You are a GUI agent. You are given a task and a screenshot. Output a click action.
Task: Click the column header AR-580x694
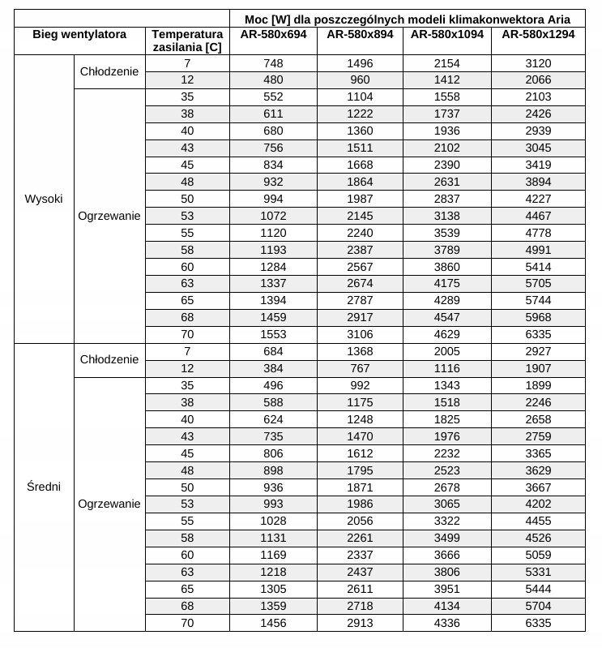coord(273,34)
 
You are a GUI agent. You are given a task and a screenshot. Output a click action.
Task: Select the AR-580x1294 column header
coord(537,34)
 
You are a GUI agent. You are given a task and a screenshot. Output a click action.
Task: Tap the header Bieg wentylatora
coord(79,34)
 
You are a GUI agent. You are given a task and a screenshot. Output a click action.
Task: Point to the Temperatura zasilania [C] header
coord(186,41)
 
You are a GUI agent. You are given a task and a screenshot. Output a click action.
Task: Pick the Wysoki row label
coord(44,199)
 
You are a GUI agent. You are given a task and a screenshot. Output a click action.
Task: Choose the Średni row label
coord(44,487)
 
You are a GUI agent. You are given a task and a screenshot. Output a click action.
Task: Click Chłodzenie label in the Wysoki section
coord(109,71)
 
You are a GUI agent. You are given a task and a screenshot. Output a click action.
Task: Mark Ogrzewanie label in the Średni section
coord(109,504)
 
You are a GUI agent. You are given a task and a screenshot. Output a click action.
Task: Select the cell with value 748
coord(273,63)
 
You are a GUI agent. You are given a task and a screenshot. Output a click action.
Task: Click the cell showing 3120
coord(537,63)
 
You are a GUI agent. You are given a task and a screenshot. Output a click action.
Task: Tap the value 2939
coord(537,131)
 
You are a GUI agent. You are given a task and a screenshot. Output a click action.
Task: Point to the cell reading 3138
coord(447,216)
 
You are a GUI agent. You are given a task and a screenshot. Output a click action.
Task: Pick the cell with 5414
coord(537,266)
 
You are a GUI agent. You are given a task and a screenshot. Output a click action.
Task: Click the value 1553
coord(273,334)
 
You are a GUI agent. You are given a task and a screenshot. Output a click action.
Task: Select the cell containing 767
coord(361,368)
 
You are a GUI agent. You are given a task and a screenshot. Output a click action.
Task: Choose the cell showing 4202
coord(537,504)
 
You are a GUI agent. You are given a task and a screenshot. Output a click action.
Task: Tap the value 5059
coord(537,555)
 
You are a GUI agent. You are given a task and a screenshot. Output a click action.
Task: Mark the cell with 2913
coord(361,622)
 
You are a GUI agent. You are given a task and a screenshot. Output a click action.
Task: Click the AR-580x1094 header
coord(447,34)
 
